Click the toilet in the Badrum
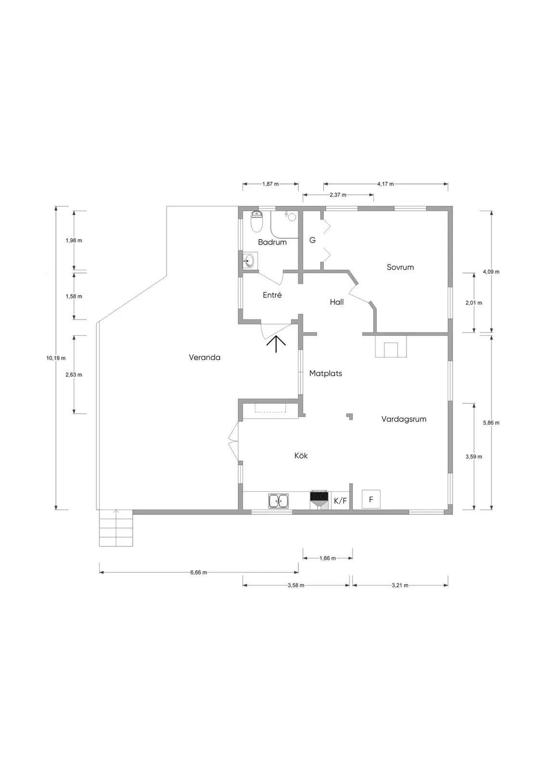coord(257,221)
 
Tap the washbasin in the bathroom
coord(249,261)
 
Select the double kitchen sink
coord(278,501)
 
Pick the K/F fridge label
coord(340,501)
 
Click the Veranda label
coord(204,358)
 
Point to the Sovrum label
coord(400,267)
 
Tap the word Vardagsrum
coord(404,419)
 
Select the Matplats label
coord(326,373)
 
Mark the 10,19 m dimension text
coord(56,358)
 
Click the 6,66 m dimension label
coord(199,573)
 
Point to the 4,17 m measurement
coord(385,184)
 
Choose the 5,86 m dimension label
coord(491,423)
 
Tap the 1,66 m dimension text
coord(328,558)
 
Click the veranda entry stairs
coord(116,528)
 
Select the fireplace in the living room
coord(391,346)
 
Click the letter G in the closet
coord(312,240)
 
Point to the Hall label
coord(337,302)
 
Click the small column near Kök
coord(350,416)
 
